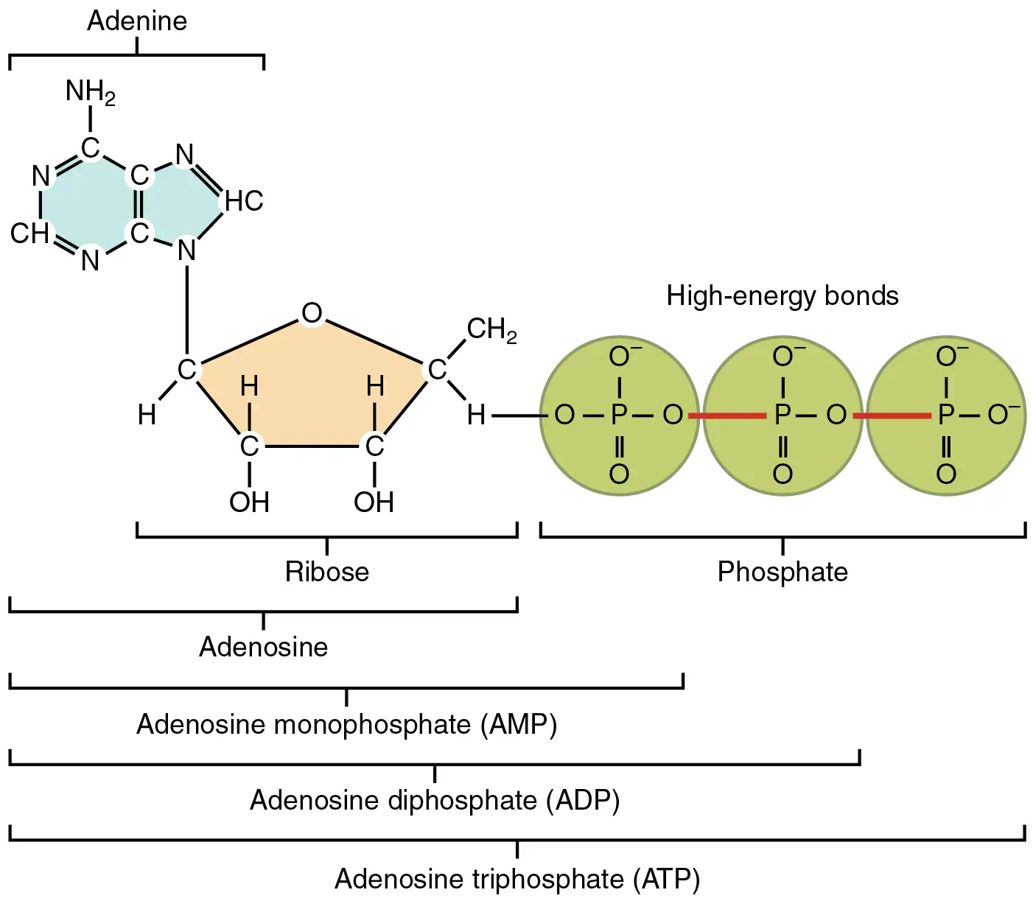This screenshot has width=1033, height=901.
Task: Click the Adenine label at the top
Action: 137,21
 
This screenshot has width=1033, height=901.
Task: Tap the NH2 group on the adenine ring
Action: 91,92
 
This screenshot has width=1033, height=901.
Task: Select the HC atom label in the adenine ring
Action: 244,201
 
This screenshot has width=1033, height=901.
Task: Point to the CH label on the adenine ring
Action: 29,234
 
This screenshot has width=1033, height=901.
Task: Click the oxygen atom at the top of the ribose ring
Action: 312,313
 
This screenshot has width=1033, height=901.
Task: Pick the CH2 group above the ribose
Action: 491,329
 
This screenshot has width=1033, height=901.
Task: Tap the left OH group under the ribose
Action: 249,502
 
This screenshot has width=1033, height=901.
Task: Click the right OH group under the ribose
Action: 374,502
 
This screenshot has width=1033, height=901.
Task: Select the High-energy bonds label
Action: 782,296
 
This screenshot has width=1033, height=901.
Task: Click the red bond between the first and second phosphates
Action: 727,416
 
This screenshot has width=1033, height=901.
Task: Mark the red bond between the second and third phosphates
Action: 892,416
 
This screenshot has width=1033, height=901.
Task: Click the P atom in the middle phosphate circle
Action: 782,415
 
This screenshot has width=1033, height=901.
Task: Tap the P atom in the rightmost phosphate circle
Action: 946,415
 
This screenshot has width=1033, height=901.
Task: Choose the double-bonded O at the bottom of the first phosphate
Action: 619,474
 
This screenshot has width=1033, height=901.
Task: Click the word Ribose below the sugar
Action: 326,572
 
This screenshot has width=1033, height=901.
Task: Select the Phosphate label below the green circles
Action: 782,572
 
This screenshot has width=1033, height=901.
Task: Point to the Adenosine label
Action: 263,647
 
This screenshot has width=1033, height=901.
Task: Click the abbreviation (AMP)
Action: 519,725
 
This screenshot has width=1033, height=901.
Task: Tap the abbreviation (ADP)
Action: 583,801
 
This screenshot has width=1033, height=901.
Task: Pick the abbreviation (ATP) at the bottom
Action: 667,879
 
